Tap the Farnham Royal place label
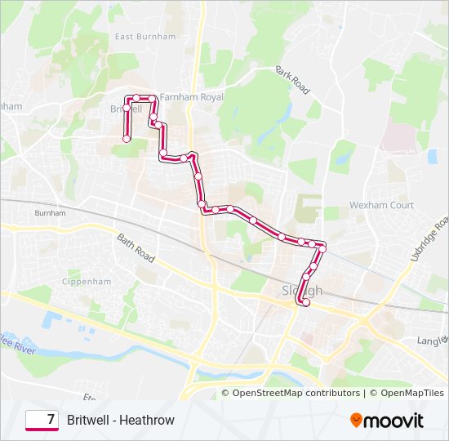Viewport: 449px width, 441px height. tap(192, 96)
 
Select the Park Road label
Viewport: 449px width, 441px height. tap(294, 81)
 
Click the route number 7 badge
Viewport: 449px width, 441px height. tap(42, 420)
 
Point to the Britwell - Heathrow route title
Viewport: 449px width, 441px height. tap(121, 420)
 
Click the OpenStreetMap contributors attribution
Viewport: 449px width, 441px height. tap(296, 393)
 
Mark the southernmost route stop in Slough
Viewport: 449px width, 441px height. tap(306, 303)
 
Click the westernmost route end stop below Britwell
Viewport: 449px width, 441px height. tap(127, 139)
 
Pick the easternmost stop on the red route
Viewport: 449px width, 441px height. tap(322, 245)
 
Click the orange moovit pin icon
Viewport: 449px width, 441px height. tap(356, 421)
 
